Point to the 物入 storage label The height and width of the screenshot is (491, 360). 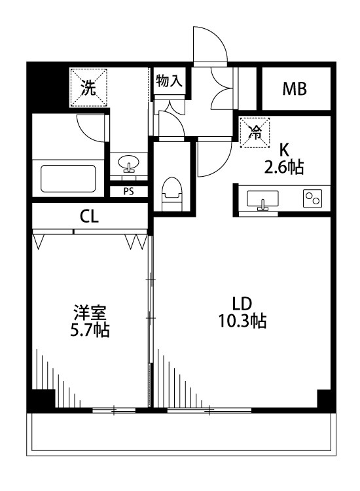[168, 81]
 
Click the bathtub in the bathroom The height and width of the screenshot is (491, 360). [69, 177]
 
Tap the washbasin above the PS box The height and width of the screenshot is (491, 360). [128, 163]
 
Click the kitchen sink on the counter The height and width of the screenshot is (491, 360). [263, 199]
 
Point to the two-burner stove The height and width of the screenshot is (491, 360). [311, 198]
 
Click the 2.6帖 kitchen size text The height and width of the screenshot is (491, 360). [283, 168]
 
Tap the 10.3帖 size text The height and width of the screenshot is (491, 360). [242, 321]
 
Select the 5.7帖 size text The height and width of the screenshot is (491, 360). [90, 330]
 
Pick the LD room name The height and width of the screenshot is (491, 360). [242, 303]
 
